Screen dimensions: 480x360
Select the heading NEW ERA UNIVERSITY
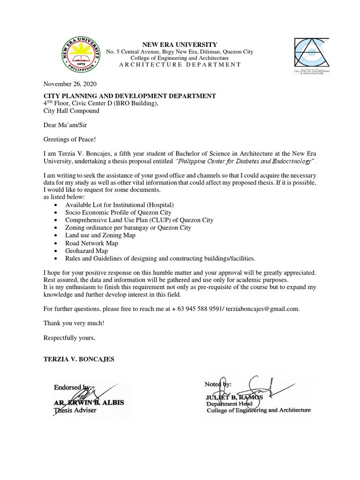(173, 44)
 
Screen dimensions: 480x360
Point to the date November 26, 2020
(69, 84)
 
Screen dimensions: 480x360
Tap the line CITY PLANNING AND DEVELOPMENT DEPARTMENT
(129, 96)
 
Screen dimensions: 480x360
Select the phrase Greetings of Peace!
(68, 139)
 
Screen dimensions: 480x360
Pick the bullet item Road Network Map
(91, 243)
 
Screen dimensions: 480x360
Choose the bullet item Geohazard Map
(87, 251)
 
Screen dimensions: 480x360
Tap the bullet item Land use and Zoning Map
(100, 235)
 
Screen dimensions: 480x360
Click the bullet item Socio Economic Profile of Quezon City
(118, 212)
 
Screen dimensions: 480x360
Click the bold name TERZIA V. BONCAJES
(79, 359)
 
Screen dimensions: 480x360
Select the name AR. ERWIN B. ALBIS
(86, 403)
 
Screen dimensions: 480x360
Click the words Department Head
(230, 404)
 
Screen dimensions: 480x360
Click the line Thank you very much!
(74, 323)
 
